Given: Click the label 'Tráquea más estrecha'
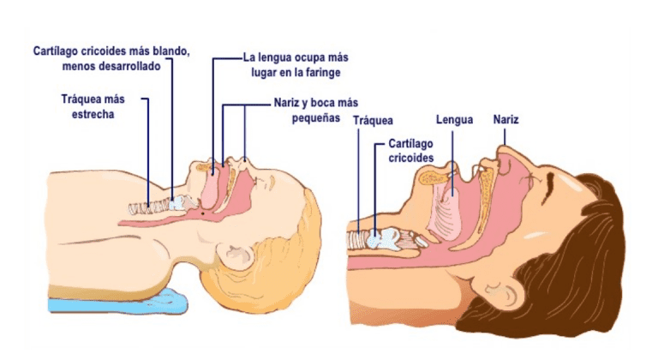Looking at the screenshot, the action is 93,106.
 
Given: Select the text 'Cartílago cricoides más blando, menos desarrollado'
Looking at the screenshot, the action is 111,59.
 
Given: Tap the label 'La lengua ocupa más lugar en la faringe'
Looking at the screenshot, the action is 296,65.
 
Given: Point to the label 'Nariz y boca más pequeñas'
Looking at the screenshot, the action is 316,110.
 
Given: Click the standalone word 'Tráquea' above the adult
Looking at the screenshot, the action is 373,121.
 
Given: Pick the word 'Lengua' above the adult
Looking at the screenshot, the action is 454,120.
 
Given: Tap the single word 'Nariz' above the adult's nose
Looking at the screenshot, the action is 506,120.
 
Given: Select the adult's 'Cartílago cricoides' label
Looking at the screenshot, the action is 411,150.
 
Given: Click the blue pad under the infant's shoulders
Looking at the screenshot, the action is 119,301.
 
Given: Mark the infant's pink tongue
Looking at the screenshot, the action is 211,189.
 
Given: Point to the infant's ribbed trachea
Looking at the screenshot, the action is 149,207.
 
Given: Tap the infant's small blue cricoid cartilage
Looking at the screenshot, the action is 177,203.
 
